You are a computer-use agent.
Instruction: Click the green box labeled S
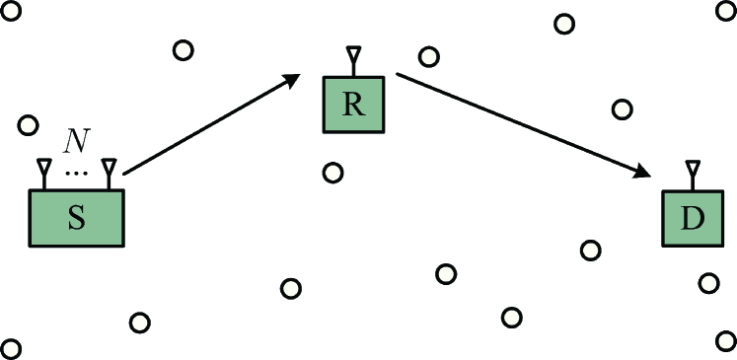tap(76, 218)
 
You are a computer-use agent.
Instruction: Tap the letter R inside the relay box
tap(353, 106)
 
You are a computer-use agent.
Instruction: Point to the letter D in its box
tap(692, 219)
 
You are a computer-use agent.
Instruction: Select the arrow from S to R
tap(212, 123)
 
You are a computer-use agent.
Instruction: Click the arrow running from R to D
tap(523, 124)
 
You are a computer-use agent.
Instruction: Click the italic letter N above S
tap(75, 142)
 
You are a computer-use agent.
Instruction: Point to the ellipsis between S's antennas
tap(75, 174)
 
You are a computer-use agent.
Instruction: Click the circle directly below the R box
tap(332, 173)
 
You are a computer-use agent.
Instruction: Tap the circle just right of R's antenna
tap(428, 56)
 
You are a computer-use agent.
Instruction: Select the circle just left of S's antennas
tap(28, 126)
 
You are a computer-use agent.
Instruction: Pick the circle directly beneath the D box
tap(707, 283)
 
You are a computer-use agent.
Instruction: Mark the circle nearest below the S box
tap(139, 322)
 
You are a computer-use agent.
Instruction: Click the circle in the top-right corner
tap(725, 9)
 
